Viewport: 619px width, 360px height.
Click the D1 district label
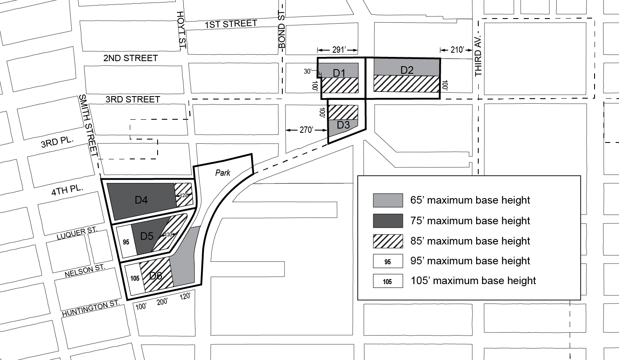click(339, 73)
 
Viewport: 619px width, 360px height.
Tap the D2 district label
click(407, 70)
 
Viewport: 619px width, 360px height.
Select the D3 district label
click(343, 125)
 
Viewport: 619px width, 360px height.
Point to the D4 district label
click(141, 200)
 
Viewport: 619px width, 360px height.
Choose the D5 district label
click(147, 236)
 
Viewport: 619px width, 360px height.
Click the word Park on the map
click(223, 172)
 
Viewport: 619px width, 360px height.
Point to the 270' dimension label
click(306, 130)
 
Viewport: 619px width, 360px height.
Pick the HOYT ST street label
click(182, 30)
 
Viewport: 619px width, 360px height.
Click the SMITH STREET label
click(88, 125)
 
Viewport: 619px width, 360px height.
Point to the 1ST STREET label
click(230, 24)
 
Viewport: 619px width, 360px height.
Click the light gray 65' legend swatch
click(388, 200)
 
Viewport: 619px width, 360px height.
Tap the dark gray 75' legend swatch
click(388, 220)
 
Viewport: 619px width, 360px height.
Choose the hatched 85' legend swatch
click(388, 241)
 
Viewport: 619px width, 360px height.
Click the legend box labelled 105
click(388, 281)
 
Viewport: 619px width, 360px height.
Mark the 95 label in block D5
click(126, 242)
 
